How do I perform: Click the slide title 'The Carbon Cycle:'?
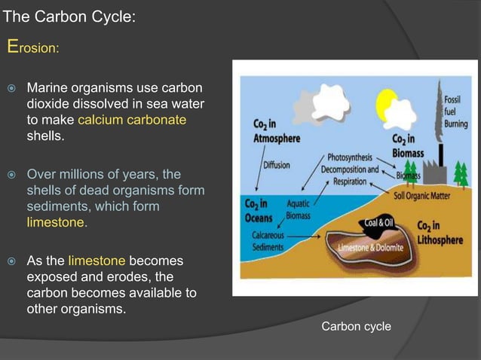tap(69, 16)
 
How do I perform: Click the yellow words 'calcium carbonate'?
tap(132, 121)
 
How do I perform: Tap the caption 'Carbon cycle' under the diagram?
tap(356, 326)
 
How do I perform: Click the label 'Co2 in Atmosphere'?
tap(277, 132)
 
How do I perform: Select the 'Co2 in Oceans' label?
tap(262, 210)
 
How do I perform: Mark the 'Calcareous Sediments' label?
tap(268, 240)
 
